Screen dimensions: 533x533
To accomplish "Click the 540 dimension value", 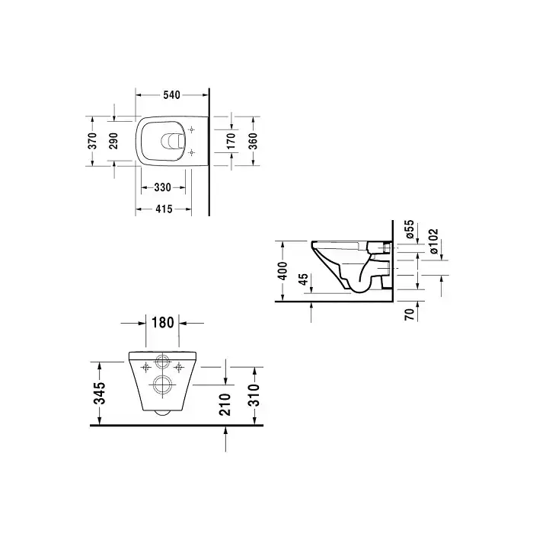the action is tap(171, 95).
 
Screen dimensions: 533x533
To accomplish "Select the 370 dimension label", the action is tap(92, 141).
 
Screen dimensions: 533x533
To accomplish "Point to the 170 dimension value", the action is tap(231, 141).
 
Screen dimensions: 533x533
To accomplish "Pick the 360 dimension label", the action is tap(253, 141).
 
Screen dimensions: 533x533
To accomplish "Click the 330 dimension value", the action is tap(163, 187).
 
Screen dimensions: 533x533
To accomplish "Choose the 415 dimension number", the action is tap(164, 209).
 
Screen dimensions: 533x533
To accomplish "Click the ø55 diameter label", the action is tap(410, 229).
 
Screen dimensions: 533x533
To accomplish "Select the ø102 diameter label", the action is tap(434, 241).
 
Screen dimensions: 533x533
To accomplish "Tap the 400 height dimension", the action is tap(282, 270).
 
